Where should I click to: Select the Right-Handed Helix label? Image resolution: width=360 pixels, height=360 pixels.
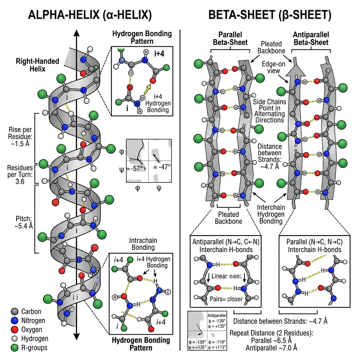coord(37,65)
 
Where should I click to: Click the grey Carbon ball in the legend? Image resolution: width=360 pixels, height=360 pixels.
coord(14,311)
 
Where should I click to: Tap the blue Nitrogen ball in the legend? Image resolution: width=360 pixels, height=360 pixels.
coord(14,321)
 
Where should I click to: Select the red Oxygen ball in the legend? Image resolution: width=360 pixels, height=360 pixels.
coord(14,330)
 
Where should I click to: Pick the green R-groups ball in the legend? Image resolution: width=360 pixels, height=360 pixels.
coord(14,348)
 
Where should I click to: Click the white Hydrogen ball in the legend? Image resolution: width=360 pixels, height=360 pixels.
coord(14,339)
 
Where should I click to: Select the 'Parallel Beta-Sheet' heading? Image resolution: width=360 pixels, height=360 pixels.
coord(230,39)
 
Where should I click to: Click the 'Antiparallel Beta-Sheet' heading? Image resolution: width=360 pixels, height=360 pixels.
coord(311,39)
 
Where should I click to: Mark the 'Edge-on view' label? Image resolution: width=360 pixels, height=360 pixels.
coord(271,67)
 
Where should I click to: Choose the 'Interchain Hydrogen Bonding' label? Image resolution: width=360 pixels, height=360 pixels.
coord(271,214)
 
